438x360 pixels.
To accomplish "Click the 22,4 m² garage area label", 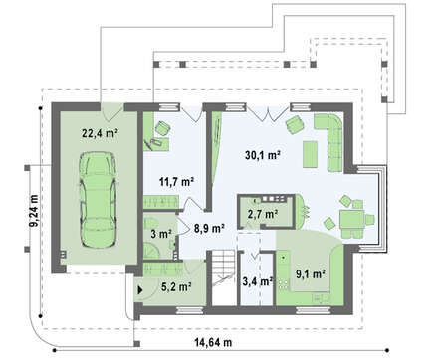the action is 101,133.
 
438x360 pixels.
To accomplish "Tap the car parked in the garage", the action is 98,200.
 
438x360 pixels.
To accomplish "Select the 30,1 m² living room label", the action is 263,154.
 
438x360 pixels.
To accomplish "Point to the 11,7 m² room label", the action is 176,181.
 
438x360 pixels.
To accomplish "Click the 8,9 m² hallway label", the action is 209,228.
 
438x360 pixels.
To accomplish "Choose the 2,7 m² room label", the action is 263,214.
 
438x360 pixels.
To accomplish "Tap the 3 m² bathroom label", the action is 161,234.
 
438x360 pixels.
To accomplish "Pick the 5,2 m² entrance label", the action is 176,286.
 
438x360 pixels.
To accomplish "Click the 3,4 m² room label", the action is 258,281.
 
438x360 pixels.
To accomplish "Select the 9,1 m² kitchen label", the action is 311,274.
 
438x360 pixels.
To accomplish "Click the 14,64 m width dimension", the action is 213,342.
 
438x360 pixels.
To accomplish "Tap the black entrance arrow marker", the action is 140,290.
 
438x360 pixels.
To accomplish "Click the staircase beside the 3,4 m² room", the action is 224,277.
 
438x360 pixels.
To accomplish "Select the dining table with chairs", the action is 352,218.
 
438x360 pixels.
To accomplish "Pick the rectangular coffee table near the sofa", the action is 310,154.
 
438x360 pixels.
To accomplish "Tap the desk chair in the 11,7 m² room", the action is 162,128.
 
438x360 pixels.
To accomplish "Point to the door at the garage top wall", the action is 112,112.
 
